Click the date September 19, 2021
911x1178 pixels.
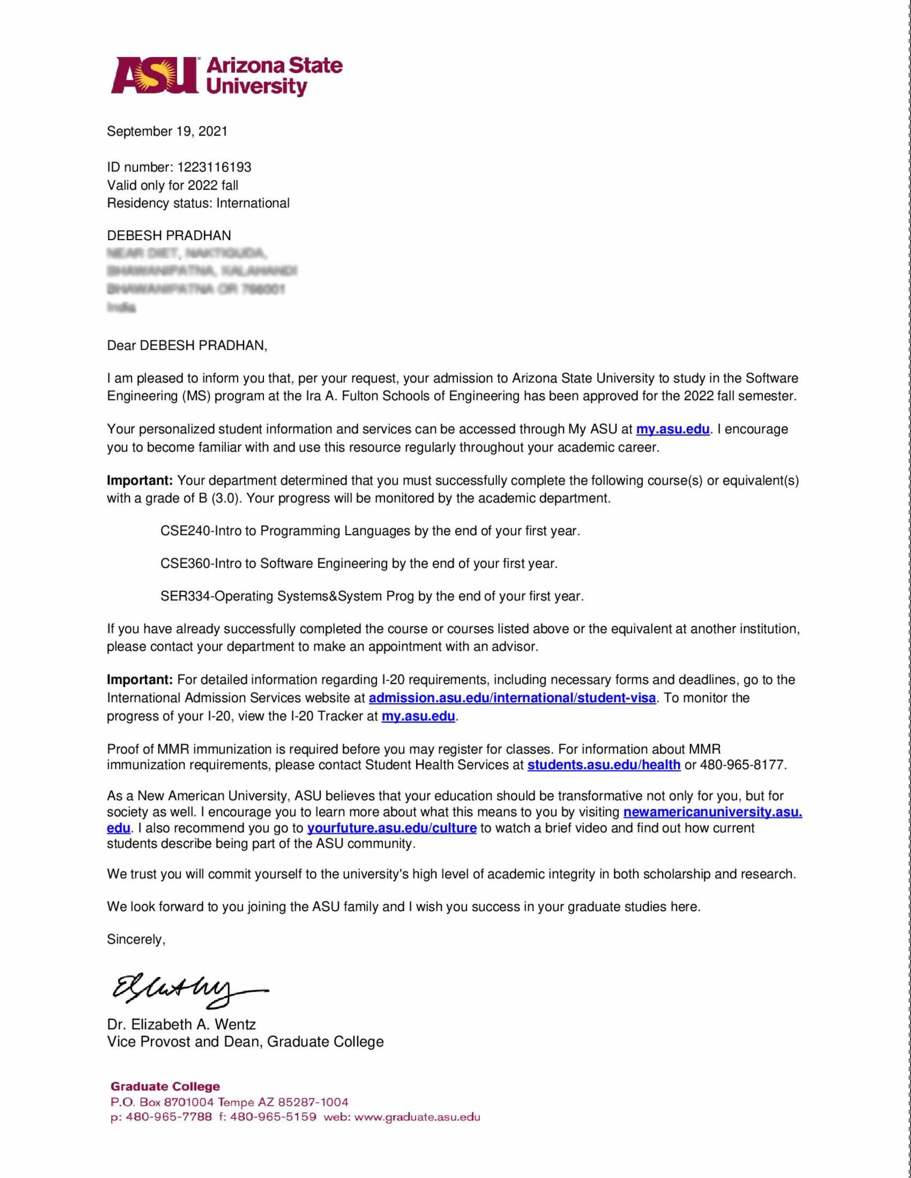[167, 131]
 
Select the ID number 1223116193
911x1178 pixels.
[214, 167]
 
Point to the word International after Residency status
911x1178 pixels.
[253, 203]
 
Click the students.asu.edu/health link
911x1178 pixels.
[603, 765]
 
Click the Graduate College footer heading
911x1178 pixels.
[165, 1086]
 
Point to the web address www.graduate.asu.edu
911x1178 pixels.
[417, 1117]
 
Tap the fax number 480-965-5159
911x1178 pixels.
[273, 1117]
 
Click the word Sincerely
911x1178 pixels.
[135, 939]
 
